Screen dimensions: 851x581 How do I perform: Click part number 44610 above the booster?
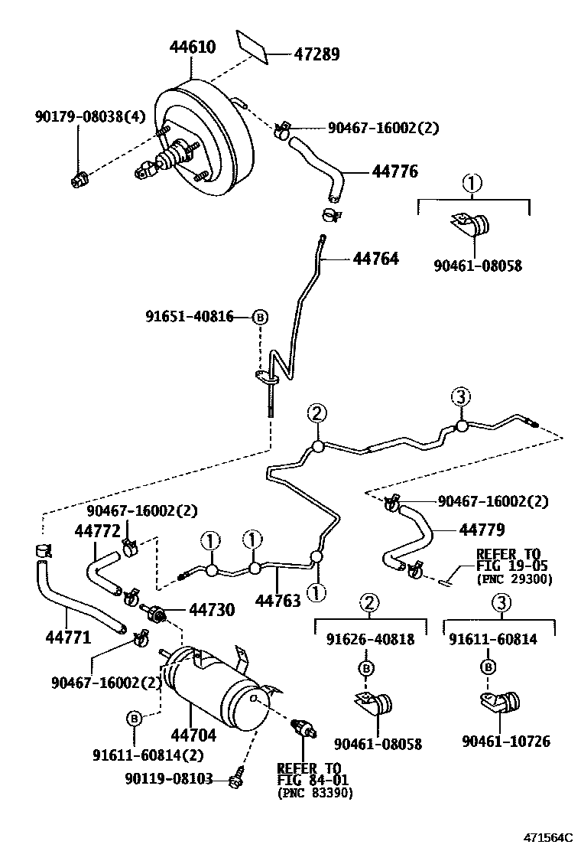pyautogui.click(x=192, y=48)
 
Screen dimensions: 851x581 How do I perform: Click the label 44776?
pyautogui.click(x=395, y=171)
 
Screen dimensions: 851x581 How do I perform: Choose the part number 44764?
pyautogui.click(x=376, y=259)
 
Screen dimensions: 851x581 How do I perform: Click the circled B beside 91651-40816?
pyautogui.click(x=261, y=316)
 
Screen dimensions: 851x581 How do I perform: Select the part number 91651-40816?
pyautogui.click(x=190, y=316)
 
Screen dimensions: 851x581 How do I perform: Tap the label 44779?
pyautogui.click(x=482, y=529)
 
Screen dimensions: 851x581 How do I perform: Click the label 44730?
pyautogui.click(x=212, y=609)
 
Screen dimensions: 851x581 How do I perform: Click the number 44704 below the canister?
pyautogui.click(x=193, y=735)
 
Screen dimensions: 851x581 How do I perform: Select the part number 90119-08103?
pyautogui.click(x=167, y=780)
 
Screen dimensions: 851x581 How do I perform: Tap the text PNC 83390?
pyautogui.click(x=316, y=794)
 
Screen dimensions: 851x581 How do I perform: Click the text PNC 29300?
pyautogui.click(x=514, y=579)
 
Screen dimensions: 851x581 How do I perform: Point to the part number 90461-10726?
pyautogui.click(x=506, y=741)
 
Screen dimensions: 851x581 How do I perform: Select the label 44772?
pyautogui.click(x=98, y=530)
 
